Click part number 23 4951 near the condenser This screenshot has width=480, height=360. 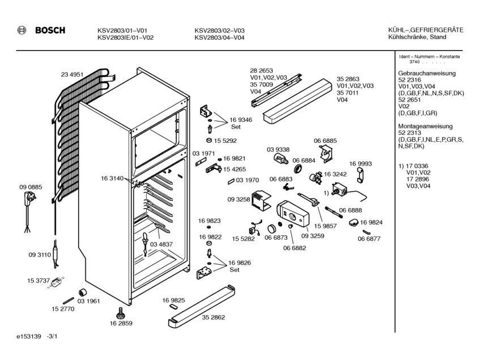click(x=72, y=74)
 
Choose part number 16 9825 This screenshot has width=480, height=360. click(x=174, y=300)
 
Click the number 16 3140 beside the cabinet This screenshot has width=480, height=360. click(x=113, y=178)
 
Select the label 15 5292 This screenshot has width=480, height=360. click(x=225, y=140)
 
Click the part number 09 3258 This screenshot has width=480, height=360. click(x=239, y=200)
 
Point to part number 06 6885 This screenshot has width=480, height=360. click(x=325, y=141)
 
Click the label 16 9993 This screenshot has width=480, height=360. click(x=360, y=163)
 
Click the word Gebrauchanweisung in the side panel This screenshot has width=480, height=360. click(x=427, y=74)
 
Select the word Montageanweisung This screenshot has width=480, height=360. click(x=425, y=126)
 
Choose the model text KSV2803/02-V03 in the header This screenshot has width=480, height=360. click(x=219, y=31)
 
